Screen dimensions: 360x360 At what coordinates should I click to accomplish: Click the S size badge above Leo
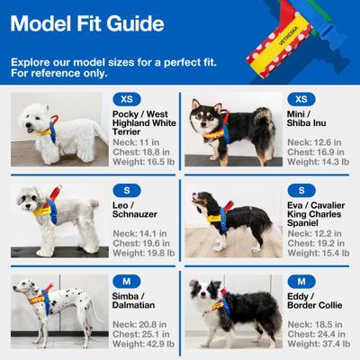click(126, 190)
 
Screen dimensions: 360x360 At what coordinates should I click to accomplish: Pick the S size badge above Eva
click(301, 190)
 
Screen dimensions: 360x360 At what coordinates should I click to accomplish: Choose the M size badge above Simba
click(126, 282)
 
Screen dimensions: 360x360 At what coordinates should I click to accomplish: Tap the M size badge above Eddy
click(301, 282)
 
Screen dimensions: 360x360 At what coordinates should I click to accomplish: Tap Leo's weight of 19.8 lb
click(146, 254)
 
